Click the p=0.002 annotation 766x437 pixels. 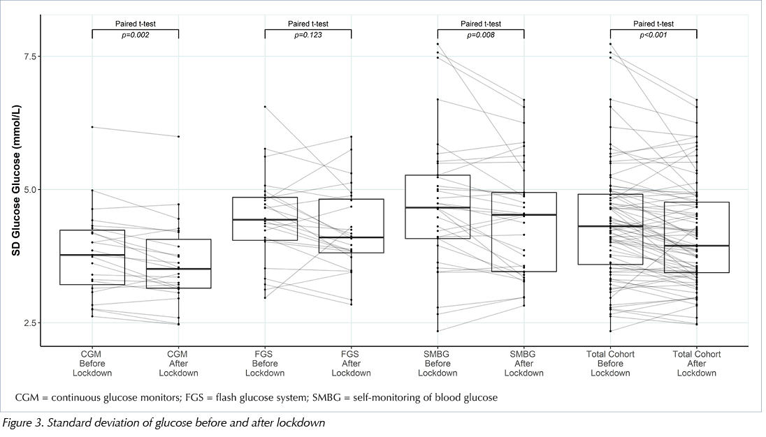[136, 35]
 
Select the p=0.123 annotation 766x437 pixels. [308, 35]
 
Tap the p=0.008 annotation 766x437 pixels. [481, 35]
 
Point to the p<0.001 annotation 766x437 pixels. [653, 35]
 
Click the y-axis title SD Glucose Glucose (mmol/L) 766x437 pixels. [16, 180]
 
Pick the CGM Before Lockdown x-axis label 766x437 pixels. [92, 364]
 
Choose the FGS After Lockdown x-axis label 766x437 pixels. [351, 364]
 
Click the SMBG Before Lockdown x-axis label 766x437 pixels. [438, 364]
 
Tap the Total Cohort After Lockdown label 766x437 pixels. [697, 364]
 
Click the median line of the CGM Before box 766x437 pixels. [92, 255]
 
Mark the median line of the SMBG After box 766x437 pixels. [523, 214]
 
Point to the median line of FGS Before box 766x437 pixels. [265, 220]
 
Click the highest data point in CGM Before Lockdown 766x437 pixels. [92, 127]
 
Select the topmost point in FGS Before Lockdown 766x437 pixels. [265, 106]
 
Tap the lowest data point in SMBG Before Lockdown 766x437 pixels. [438, 331]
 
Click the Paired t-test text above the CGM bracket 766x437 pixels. [136, 24]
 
